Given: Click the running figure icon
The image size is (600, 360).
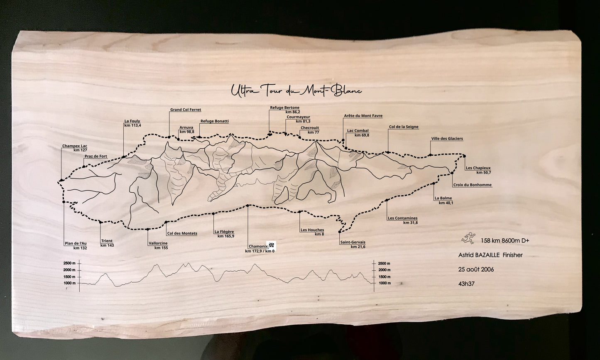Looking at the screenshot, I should (468, 238).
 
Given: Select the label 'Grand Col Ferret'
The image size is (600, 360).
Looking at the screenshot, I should (186, 110).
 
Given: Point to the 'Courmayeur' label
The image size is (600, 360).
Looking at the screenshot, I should (298, 117).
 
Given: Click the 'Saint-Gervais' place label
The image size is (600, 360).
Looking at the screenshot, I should (353, 242).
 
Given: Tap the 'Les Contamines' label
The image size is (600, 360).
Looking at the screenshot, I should (402, 218).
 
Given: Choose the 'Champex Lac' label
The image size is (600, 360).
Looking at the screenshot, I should (75, 146).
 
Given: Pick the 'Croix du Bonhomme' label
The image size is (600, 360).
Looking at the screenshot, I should (473, 185).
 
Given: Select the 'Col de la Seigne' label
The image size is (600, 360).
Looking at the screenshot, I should (404, 127).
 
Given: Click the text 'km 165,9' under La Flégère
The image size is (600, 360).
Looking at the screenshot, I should (226, 236).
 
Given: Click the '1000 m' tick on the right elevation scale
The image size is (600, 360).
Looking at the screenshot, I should (384, 283).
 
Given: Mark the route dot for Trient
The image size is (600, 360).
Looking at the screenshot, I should (100, 223).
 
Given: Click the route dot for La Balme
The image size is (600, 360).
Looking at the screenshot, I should (433, 184).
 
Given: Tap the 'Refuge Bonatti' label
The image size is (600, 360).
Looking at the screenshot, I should (214, 122).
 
